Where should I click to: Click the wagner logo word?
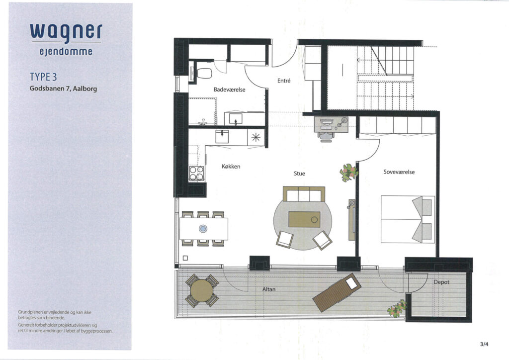tap(66, 33)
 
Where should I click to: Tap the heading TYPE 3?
tap(43, 77)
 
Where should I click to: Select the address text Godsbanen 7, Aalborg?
tap(63, 89)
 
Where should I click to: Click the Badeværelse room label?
tap(229, 90)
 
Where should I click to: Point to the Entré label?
tap(284, 81)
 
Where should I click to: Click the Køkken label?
tap(231, 167)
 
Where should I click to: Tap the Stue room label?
tap(299, 174)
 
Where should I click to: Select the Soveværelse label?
tap(399, 172)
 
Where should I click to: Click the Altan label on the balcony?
tap(269, 289)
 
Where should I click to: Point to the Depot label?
tap(441, 282)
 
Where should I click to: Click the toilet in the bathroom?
tap(203, 74)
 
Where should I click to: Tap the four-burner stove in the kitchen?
tap(197, 174)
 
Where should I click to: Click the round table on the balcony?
tap(202, 291)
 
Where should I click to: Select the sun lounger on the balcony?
tap(337, 292)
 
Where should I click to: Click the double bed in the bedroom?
tap(408, 219)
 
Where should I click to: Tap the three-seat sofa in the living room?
tap(304, 194)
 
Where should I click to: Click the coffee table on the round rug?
tap(305, 219)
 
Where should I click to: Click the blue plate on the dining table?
tap(203, 229)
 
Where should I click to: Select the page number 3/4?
tap(484, 344)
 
